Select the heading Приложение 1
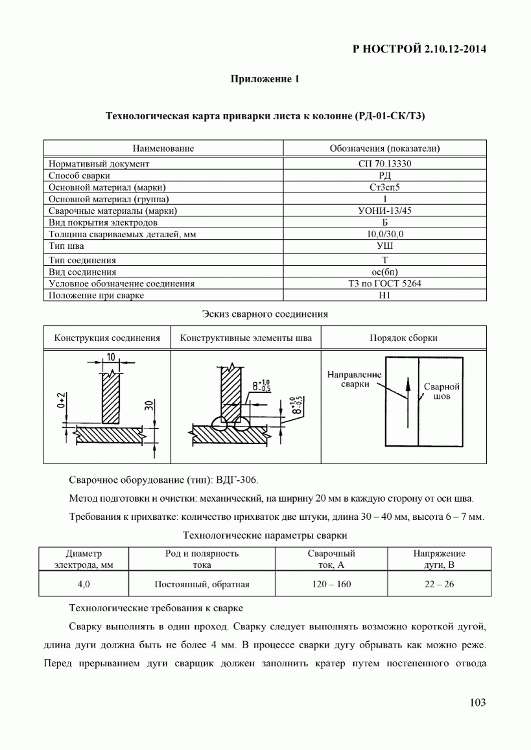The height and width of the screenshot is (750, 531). [x=265, y=80]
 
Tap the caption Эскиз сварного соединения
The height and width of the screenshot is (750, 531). [x=265, y=314]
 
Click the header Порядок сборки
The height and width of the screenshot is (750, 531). [x=403, y=338]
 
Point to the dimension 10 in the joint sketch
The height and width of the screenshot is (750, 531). [x=111, y=357]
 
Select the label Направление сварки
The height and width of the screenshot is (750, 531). [x=354, y=379]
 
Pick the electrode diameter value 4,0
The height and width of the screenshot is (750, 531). [x=84, y=584]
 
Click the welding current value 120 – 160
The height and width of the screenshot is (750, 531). [x=331, y=584]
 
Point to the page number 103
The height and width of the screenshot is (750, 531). [x=477, y=703]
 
